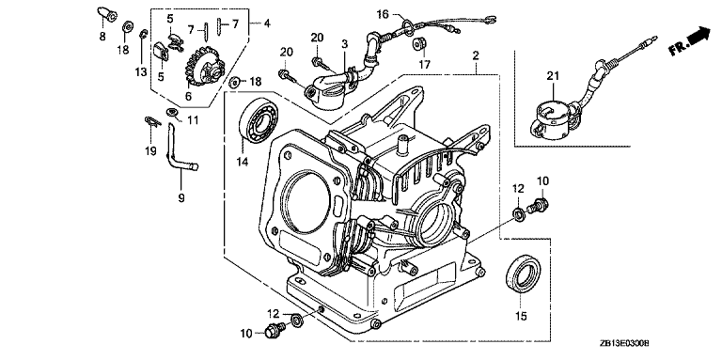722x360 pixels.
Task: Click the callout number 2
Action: coord(476,55)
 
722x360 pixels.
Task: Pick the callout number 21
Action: coord(553,75)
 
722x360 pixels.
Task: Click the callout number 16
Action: coord(383,14)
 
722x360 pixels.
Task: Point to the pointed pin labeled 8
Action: coord(104,14)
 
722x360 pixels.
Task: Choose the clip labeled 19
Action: coord(151,121)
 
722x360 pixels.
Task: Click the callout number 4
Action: coord(267,23)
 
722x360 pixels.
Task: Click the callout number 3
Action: coord(344,44)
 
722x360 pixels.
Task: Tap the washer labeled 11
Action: coord(172,112)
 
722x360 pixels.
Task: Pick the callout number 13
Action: coord(141,71)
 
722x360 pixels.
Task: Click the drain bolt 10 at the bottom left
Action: coord(274,329)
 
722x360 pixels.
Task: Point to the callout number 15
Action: coord(521,316)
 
